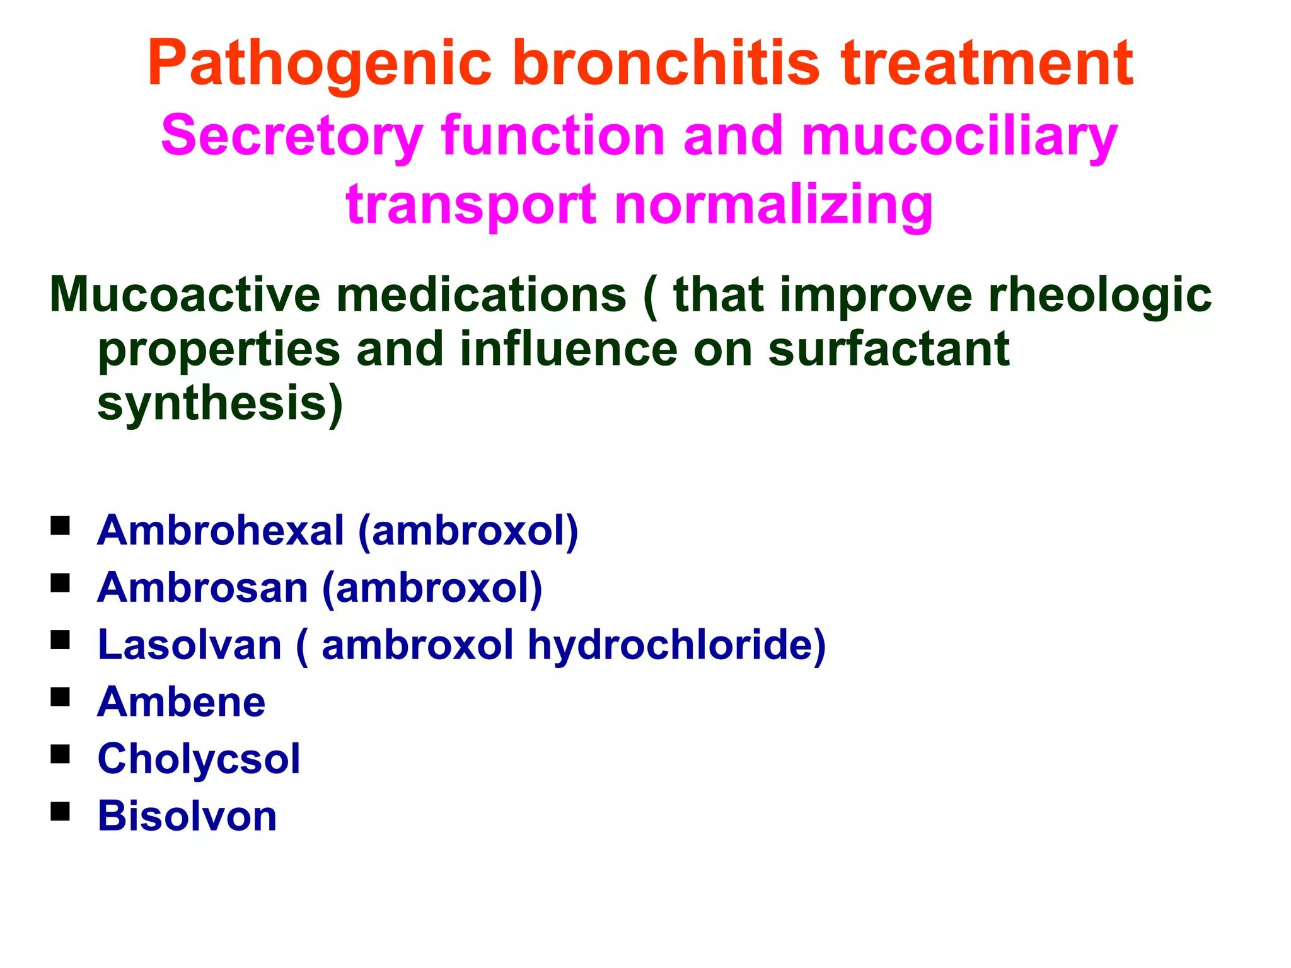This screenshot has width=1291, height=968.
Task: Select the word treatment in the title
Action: click(987, 63)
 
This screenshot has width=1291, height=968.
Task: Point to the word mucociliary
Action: click(959, 137)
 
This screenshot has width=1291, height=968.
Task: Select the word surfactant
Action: click(889, 349)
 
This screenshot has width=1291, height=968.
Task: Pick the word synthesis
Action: click(220, 404)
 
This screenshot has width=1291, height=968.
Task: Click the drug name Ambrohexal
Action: click(221, 530)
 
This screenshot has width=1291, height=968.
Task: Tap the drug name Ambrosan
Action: click(202, 587)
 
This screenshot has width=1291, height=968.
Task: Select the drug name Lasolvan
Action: click(189, 645)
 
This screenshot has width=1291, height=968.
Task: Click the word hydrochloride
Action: click(676, 645)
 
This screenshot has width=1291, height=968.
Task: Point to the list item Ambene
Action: click(181, 701)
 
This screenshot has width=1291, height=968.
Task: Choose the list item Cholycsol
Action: click(199, 759)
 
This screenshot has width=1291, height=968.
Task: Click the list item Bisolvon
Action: click(187, 816)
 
